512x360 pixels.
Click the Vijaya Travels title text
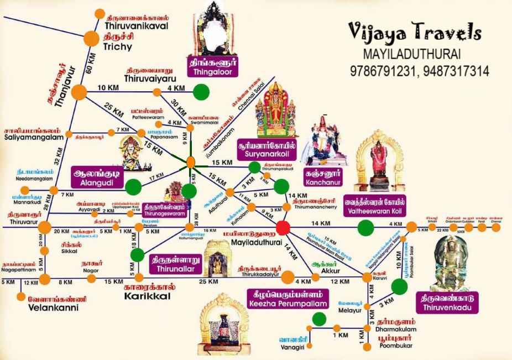(414, 33)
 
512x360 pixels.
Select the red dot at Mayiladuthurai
(283, 227)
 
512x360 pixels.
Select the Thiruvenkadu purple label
(447, 302)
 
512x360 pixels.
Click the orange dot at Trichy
(91, 38)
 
